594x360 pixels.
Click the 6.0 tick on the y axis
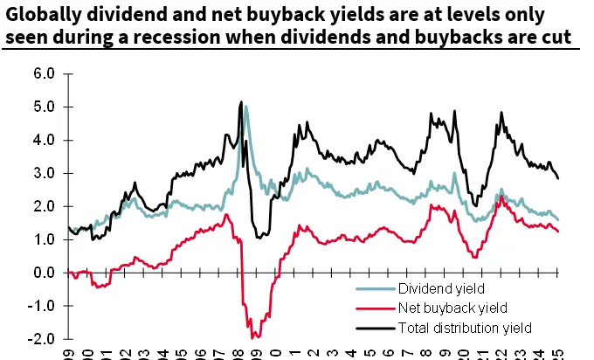(x=45, y=73)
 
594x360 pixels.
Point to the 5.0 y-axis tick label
(x=45, y=107)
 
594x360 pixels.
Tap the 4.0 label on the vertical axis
(x=45, y=140)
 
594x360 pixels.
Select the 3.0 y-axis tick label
(x=45, y=173)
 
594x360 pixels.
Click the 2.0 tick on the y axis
(x=45, y=206)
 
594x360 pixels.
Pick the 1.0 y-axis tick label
(x=45, y=239)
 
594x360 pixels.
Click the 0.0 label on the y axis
(x=45, y=273)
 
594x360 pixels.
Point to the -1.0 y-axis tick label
(x=44, y=306)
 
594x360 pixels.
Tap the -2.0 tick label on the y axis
(x=44, y=339)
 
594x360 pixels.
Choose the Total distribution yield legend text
(x=463, y=327)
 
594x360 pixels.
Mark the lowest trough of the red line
(x=252, y=336)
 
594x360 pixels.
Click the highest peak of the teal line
(x=246, y=107)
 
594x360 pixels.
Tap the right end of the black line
(x=559, y=178)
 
